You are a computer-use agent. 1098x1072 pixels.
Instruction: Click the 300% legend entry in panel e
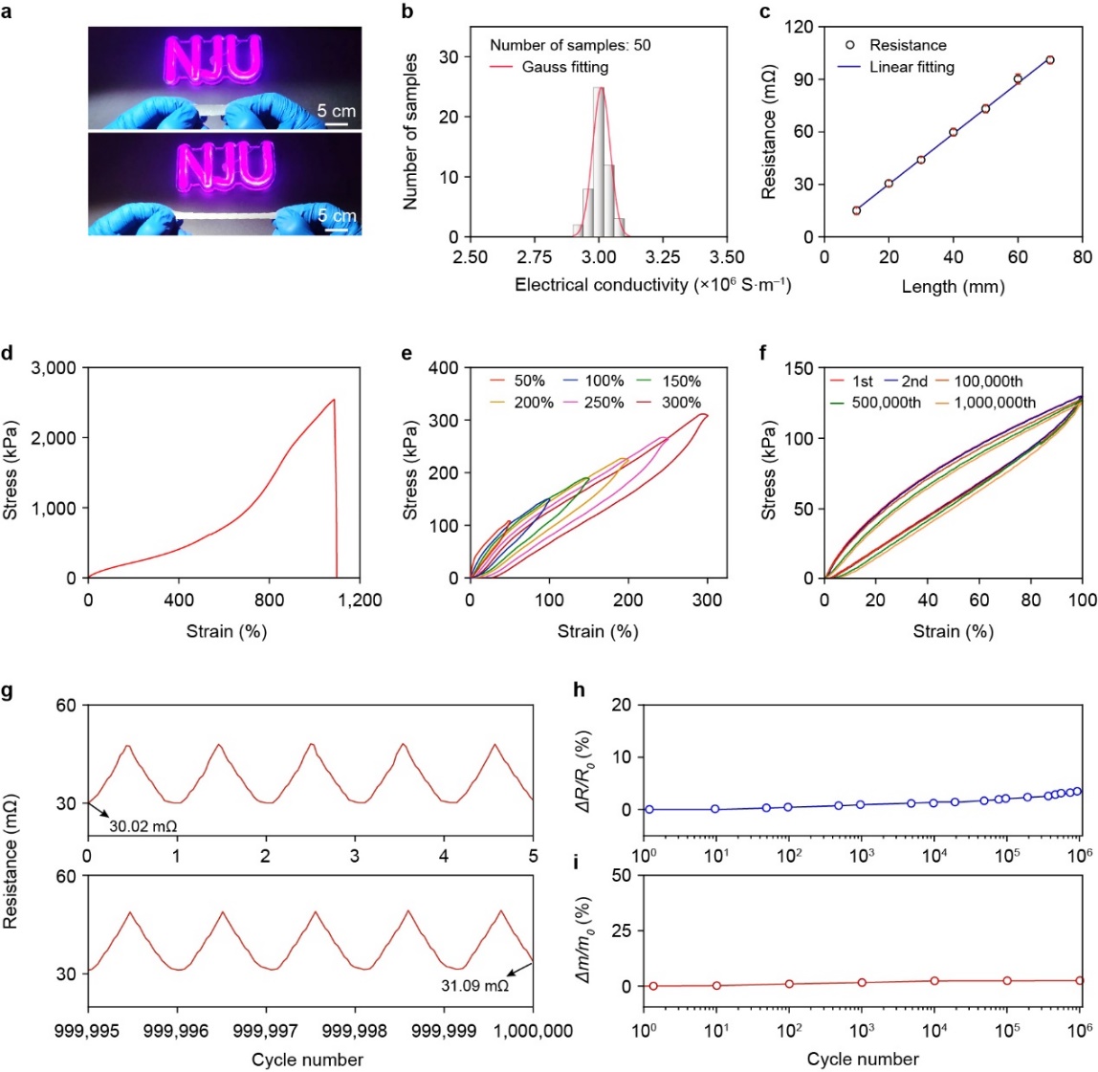pos(681,403)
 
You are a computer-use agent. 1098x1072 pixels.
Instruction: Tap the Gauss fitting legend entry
pos(564,67)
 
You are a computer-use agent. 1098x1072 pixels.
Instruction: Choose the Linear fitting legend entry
pos(911,67)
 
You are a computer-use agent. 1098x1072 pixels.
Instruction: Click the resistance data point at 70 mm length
pos(1050,60)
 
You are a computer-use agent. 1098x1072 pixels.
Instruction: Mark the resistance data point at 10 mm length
pos(856,210)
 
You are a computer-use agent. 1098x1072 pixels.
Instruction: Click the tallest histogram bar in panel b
pos(599,162)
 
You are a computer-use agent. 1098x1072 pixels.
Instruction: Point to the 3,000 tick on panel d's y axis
pos(53,367)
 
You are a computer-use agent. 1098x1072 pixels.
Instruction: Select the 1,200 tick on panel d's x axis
pos(360,602)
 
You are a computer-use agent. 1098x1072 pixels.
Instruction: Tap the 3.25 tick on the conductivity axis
pos(663,258)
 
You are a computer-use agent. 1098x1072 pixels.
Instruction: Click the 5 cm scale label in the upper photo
pos(337,111)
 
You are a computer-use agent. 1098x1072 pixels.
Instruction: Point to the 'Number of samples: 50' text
pos(570,45)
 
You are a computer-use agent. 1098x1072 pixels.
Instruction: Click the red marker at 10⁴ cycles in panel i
pos(934,980)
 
